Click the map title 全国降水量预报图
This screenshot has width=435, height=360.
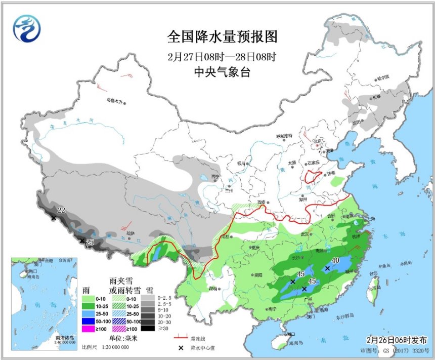click(223, 37)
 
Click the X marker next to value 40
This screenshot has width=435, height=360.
click(327, 269)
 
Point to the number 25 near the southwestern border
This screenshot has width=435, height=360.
click(90, 243)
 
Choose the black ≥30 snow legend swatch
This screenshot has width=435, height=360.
click(148, 328)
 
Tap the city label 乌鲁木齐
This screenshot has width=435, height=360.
click(115, 101)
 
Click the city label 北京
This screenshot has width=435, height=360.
click(317, 141)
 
